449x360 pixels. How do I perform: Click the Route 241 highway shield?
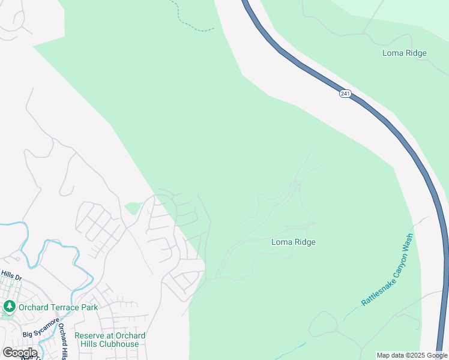click(x=345, y=94)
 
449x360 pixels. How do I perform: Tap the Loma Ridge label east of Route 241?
click(x=405, y=53)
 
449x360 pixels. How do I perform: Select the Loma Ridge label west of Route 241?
click(x=294, y=242)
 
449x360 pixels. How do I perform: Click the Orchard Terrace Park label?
click(x=49, y=308)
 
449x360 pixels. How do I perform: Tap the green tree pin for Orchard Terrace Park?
click(x=9, y=307)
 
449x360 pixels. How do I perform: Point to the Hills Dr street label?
click(x=11, y=275)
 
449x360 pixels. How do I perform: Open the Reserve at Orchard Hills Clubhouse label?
click(x=110, y=340)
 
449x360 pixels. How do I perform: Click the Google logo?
click(x=19, y=353)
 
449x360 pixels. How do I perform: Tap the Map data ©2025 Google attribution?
click(x=412, y=355)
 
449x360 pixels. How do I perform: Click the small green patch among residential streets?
click(x=133, y=208)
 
